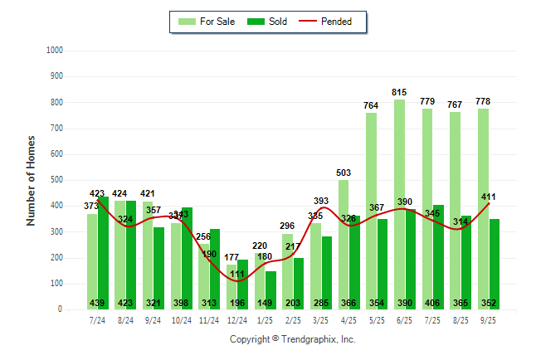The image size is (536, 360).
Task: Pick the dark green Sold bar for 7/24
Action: [x=103, y=249]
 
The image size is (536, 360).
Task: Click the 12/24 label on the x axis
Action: [x=236, y=319]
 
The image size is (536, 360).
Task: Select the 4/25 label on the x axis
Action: [x=348, y=319]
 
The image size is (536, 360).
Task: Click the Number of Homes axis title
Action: [x=32, y=180]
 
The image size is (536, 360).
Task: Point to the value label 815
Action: [x=399, y=92]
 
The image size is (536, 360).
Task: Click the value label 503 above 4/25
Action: [x=344, y=173]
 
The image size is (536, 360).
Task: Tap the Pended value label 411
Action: [x=488, y=197]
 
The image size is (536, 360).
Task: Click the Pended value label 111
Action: [x=236, y=274]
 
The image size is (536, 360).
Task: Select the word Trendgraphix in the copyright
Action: [x=311, y=339]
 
